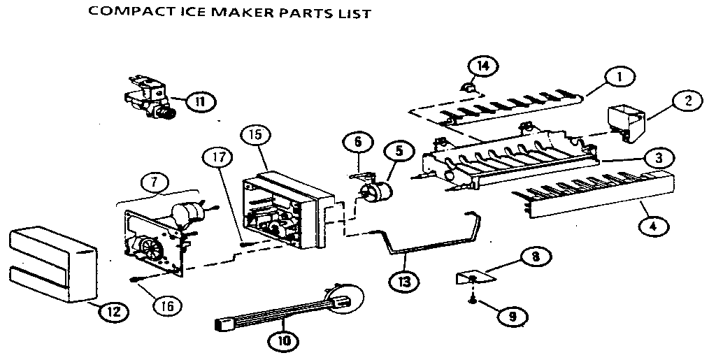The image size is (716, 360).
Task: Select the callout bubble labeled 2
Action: (687, 101)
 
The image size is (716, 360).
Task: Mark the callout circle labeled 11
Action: (200, 101)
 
